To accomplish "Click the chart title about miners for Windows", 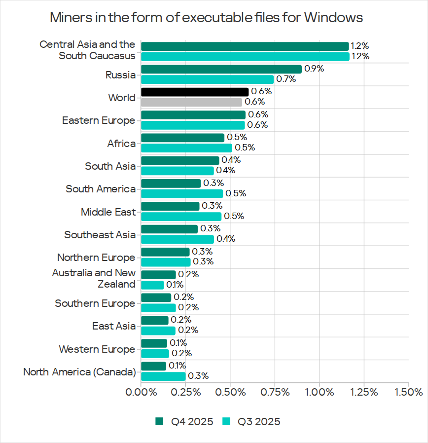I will (207, 18).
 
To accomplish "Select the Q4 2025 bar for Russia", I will (221, 69).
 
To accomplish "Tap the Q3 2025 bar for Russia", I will (207, 79).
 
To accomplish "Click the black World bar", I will (194, 92).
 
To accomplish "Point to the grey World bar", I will (191, 102).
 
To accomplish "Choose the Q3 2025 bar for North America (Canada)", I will (163, 376).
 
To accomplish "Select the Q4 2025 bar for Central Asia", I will (245, 46).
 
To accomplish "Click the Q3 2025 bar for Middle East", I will (181, 216).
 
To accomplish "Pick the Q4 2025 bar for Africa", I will (182, 138).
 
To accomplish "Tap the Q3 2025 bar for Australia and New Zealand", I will (152, 285).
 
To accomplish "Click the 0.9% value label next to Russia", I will (314, 69).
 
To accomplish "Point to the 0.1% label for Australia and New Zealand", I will (175, 285).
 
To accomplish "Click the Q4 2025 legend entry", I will (184, 421).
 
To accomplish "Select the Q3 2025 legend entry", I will (251, 421).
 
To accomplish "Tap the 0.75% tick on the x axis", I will (275, 392).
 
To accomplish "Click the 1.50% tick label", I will (408, 392).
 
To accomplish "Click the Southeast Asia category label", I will (100, 235).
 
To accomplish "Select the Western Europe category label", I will (97, 349).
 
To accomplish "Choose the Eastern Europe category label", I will (99, 120).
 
